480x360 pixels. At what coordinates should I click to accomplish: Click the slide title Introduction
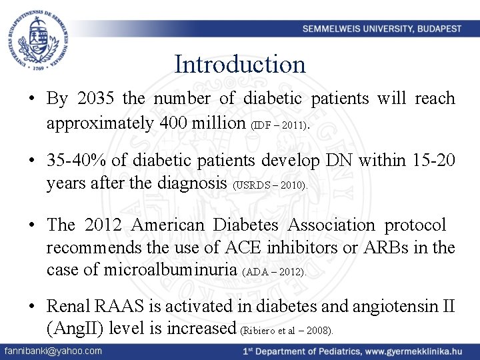pos(240,65)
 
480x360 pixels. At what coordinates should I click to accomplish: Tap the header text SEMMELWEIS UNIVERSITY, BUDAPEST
pos(381,29)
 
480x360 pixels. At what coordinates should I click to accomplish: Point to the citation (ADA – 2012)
pos(275,273)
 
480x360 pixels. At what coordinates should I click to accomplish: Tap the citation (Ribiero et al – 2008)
pos(287,331)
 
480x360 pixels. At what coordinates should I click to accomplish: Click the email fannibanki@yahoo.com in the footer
pos(53,351)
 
